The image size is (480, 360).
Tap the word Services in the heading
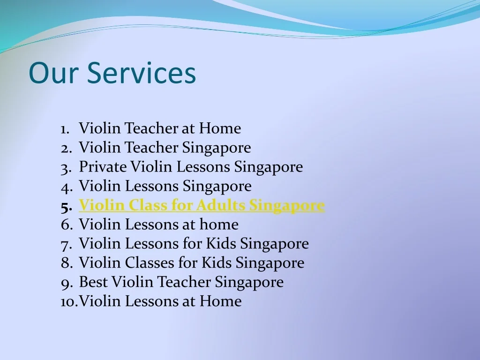click(x=141, y=73)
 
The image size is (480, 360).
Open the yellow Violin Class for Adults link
click(x=202, y=205)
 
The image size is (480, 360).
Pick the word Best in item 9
click(x=94, y=282)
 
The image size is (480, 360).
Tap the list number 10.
click(x=68, y=301)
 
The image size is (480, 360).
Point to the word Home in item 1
click(x=220, y=128)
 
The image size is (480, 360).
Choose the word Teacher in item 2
click(x=151, y=148)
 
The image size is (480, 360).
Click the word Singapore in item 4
click(x=217, y=186)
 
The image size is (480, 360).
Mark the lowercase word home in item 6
click(x=219, y=225)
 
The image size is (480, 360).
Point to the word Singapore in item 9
click(x=249, y=282)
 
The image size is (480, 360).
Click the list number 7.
click(x=66, y=244)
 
